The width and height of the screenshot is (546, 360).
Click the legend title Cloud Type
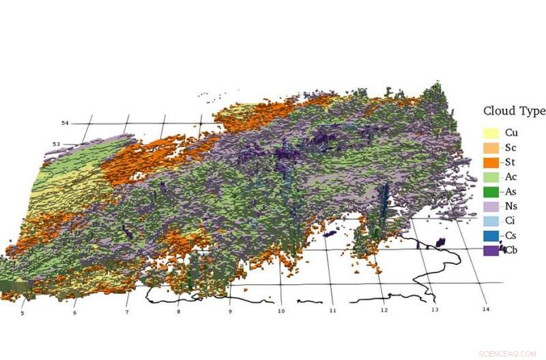click(x=513, y=111)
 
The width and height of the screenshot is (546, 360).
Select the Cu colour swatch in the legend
click(x=491, y=133)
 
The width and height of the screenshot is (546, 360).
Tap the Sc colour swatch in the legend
click(x=491, y=148)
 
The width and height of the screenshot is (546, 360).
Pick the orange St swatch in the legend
click(x=491, y=163)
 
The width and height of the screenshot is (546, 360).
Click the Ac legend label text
click(x=511, y=177)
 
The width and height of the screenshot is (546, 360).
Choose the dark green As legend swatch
click(x=491, y=192)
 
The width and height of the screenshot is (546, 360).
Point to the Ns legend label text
click(x=511, y=206)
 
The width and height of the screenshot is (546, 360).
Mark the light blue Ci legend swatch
click(x=491, y=221)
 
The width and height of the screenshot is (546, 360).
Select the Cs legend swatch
click(x=491, y=236)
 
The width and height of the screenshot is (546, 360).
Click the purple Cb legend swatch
click(x=491, y=251)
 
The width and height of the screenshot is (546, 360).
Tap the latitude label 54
click(x=65, y=123)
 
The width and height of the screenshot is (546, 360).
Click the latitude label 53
click(x=57, y=144)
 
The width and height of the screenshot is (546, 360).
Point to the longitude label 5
click(x=22, y=314)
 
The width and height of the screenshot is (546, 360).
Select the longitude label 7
click(x=126, y=312)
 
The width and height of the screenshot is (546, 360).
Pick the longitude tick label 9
click(x=229, y=311)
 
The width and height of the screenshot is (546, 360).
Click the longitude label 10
click(x=281, y=311)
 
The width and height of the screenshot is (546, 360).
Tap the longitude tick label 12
click(x=384, y=310)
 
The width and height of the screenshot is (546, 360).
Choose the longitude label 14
click(x=485, y=309)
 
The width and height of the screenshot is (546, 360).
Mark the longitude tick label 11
click(x=332, y=311)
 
